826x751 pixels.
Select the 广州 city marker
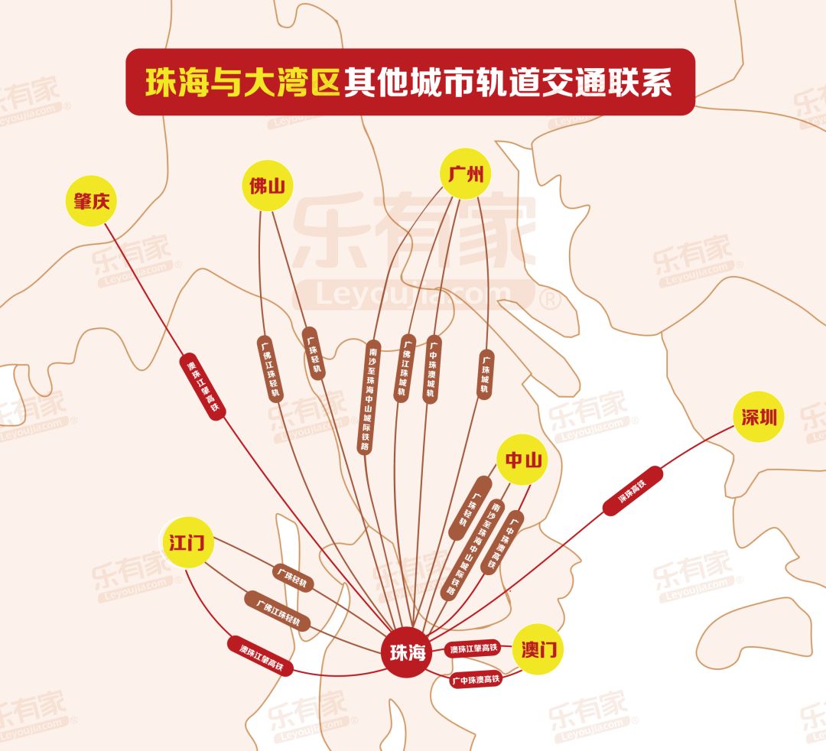pyautogui.click(x=466, y=174)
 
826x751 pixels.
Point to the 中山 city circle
pyautogui.click(x=523, y=460)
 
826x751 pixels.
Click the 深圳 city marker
pyautogui.click(x=758, y=417)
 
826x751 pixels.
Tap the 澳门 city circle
pyautogui.click(x=538, y=650)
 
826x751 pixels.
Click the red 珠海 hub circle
pyautogui.click(x=407, y=652)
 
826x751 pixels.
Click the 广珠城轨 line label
pyautogui.click(x=484, y=374)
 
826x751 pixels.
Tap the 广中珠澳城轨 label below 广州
pyautogui.click(x=432, y=369)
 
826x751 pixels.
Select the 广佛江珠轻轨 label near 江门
pyautogui.click(x=278, y=611)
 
